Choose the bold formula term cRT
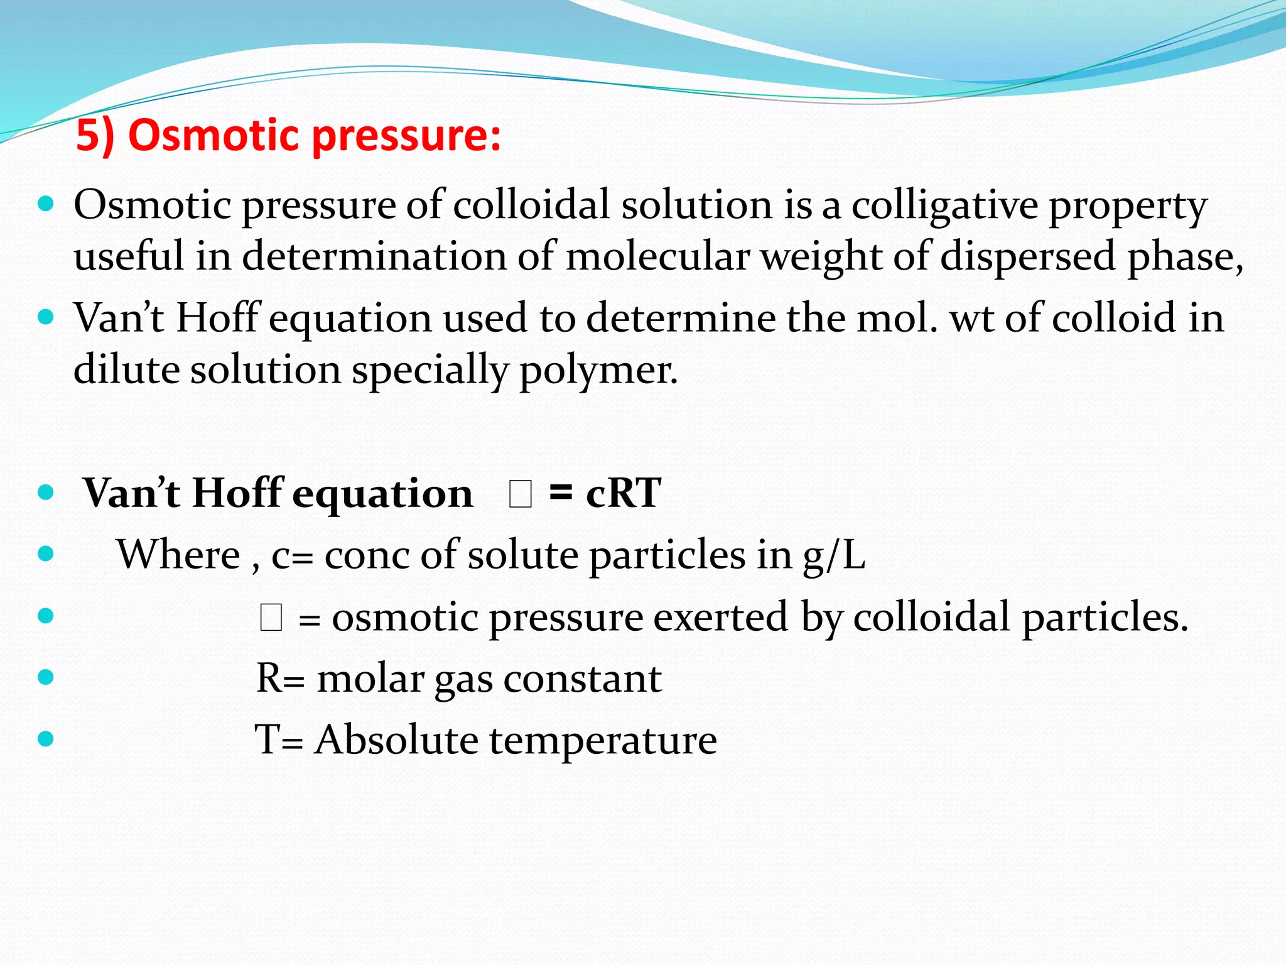tap(623, 493)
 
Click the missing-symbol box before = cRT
tap(521, 494)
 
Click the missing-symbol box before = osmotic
tap(271, 618)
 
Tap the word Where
tap(179, 555)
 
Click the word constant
tap(582, 679)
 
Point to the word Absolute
tap(396, 739)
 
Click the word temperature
tap(603, 740)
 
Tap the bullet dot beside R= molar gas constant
tap(46, 677)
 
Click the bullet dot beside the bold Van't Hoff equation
tap(46, 492)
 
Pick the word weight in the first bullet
tap(821, 256)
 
